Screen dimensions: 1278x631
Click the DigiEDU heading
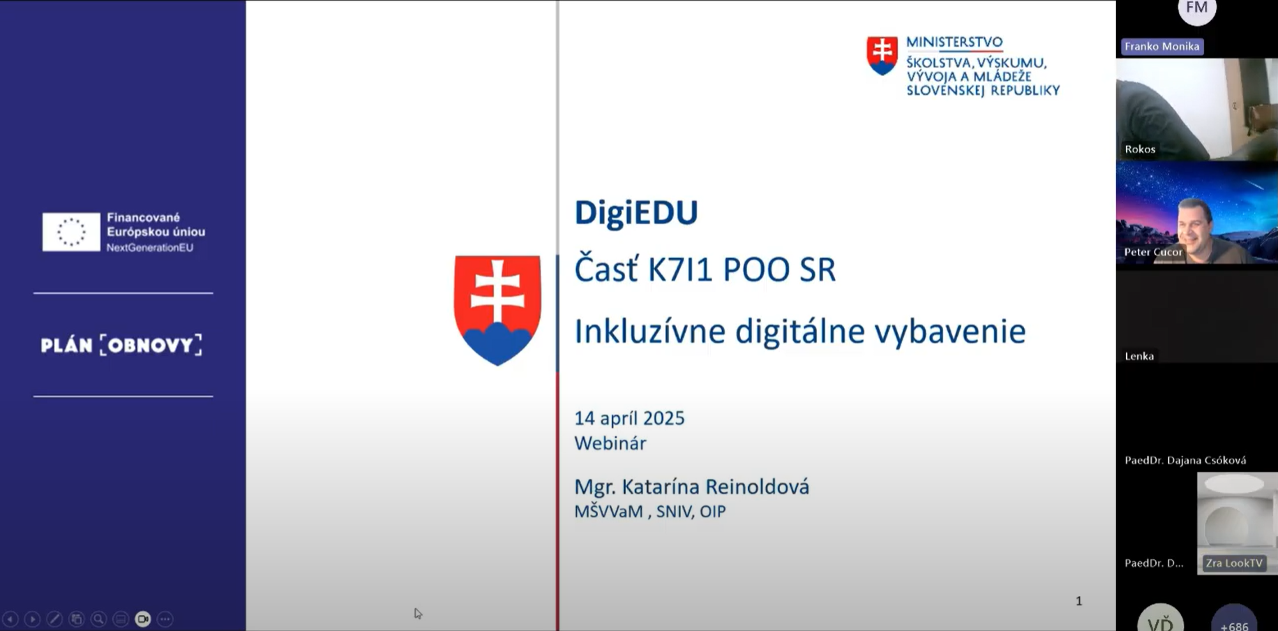coord(636,212)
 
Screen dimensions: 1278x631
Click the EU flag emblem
coord(71,232)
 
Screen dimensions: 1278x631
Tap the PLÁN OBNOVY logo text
coord(121,345)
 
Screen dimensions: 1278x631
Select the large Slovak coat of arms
coord(497,309)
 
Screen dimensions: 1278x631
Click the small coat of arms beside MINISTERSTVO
coord(882,55)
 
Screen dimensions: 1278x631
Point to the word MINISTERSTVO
coord(954,42)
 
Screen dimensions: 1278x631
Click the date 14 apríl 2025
coord(629,418)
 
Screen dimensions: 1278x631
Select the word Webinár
coord(610,443)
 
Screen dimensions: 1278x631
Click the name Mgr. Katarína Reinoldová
coord(691,487)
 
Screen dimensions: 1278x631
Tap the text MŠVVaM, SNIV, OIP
coord(649,512)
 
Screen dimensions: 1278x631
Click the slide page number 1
coord(1078,601)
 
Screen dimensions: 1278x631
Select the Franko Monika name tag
coord(1162,46)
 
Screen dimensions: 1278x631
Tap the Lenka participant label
coord(1139,356)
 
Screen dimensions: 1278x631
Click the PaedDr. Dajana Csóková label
coord(1185,460)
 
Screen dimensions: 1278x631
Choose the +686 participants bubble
coord(1234,620)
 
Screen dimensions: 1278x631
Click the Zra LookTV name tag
coord(1234,563)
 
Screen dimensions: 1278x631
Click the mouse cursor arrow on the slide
coord(417,613)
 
